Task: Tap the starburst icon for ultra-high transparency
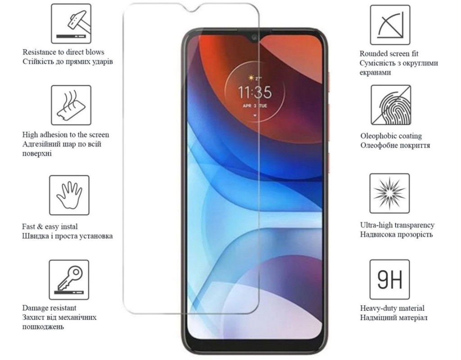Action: [389, 193]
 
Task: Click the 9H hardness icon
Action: [389, 279]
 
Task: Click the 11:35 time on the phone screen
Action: [255, 92]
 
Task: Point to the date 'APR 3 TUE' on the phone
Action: [255, 106]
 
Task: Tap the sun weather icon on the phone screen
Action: [251, 78]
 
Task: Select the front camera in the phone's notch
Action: [255, 37]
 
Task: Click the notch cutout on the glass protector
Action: [191, 8]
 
